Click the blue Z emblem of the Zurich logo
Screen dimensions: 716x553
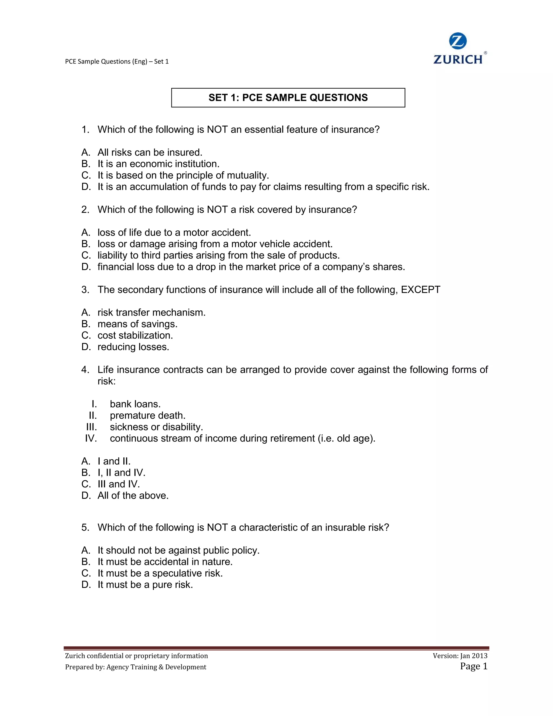[458, 41]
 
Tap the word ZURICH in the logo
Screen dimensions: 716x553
[458, 59]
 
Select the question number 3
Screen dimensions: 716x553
[85, 290]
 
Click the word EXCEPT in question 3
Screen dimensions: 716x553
[421, 290]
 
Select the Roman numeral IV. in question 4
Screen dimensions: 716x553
[91, 438]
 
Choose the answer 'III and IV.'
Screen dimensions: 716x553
[119, 484]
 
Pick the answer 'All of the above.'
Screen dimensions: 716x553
[133, 496]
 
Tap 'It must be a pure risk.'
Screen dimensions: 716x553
[145, 585]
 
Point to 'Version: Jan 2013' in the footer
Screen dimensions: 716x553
[460, 656]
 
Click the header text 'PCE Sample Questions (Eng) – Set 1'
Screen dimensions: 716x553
[117, 61]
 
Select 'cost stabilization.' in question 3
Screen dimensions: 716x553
[135, 335]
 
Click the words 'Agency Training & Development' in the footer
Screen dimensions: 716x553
[156, 667]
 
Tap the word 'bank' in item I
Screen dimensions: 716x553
[120, 404]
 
